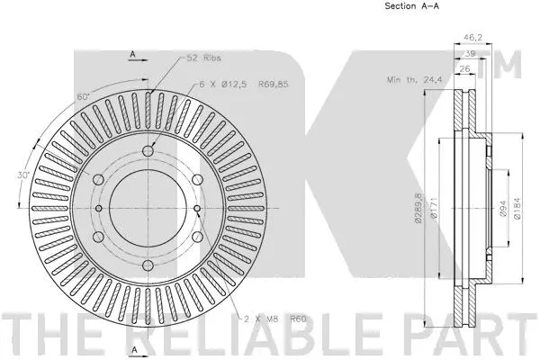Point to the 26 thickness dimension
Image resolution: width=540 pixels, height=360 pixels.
[x=466, y=68]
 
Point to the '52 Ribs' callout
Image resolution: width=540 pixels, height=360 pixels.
[x=203, y=58]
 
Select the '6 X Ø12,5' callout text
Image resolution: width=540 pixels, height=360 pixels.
[x=224, y=84]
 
